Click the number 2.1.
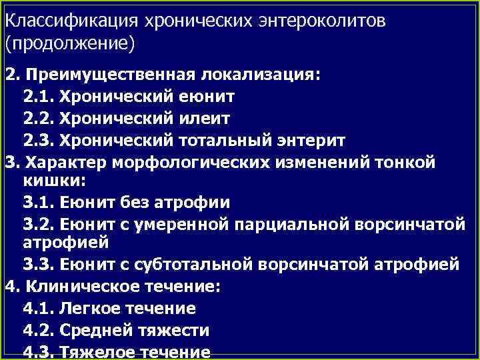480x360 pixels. [39, 97]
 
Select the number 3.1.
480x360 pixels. [39, 201]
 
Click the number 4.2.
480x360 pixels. [39, 329]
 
